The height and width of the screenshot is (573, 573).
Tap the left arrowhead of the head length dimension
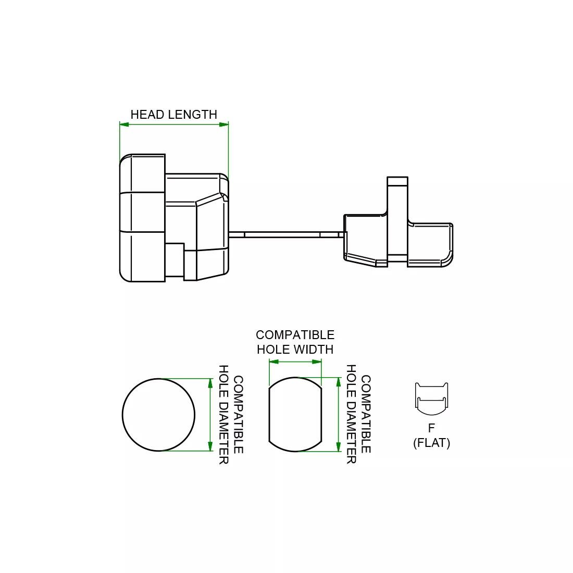click(124, 124)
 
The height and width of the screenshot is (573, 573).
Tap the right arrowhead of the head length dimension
click(224, 124)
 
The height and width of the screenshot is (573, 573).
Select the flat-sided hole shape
click(295, 415)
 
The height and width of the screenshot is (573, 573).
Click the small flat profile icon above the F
click(431, 398)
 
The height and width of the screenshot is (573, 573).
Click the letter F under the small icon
click(431, 428)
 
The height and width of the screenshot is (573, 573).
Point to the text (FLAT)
click(431, 443)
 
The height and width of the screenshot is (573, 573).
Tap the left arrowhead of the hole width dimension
click(273, 362)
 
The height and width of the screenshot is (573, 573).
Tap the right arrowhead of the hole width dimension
click(317, 362)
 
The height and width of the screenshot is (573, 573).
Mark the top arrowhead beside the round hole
click(210, 383)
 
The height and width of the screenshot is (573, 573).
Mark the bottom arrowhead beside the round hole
click(210, 446)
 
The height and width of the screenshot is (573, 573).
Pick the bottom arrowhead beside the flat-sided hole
click(339, 447)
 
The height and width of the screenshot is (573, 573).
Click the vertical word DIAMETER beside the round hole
click(223, 438)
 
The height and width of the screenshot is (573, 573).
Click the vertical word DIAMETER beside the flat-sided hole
click(352, 438)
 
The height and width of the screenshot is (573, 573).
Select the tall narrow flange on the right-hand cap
click(397, 219)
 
